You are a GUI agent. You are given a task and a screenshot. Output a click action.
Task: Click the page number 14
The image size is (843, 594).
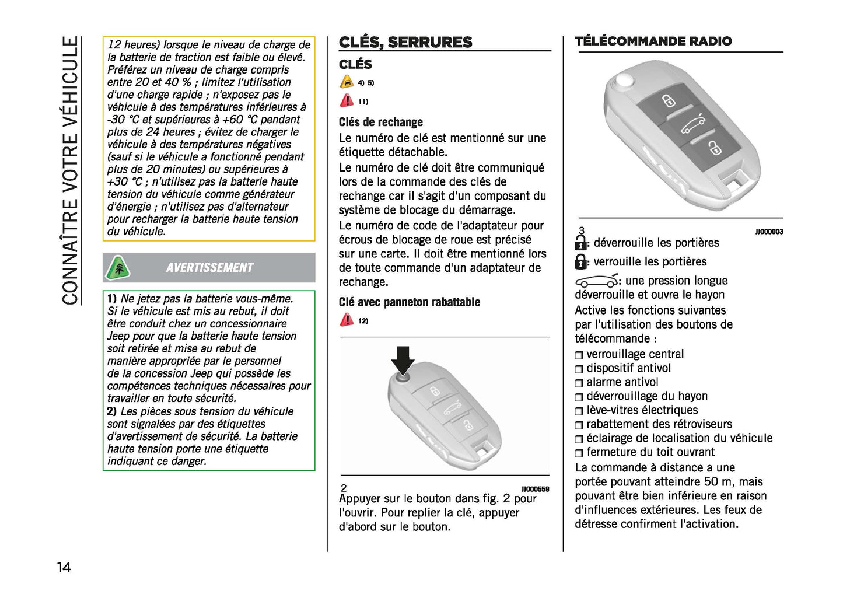tap(64, 567)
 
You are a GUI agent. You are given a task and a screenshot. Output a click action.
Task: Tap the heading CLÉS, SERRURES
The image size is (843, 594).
tap(405, 42)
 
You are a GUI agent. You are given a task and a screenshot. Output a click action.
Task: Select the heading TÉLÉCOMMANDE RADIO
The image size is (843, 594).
tap(653, 41)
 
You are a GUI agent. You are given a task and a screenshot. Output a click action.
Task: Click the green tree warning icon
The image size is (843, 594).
tap(118, 268)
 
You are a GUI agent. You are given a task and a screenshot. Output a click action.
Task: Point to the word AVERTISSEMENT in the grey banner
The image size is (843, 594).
tap(209, 268)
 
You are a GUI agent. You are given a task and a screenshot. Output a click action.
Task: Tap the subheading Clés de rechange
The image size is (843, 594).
tap(380, 122)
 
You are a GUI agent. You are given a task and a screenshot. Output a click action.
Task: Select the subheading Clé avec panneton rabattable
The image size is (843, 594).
tap(409, 302)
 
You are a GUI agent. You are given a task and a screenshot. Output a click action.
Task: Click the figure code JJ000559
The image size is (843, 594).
tap(535, 489)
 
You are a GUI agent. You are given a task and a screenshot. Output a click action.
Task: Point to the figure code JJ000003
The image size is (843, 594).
tap(769, 232)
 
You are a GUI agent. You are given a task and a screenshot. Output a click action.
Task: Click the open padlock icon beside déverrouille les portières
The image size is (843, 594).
tap(580, 243)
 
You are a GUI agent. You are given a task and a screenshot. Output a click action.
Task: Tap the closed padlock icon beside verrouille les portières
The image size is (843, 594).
tap(580, 262)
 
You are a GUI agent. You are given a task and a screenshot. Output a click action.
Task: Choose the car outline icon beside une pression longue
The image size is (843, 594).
tap(596, 281)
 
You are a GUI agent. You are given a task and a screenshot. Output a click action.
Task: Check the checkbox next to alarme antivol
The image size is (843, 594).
tap(579, 383)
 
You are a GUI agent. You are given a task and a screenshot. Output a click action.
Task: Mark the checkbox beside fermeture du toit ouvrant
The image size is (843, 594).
tap(579, 453)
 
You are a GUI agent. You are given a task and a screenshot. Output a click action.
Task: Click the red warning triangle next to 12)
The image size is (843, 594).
tap(347, 320)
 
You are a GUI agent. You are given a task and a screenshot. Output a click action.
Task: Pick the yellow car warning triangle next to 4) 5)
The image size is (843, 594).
tap(347, 82)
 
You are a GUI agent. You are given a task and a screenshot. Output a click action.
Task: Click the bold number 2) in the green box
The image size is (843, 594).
tap(111, 411)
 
